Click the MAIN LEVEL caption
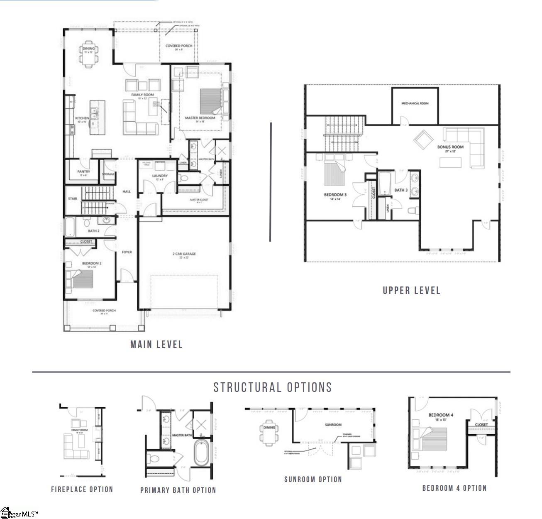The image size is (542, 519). pos(156,344)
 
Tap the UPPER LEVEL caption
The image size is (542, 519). pos(411,291)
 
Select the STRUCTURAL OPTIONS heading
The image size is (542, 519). pos(273,387)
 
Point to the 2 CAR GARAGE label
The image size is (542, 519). pos(184,254)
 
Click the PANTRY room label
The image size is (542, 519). pos(83,171)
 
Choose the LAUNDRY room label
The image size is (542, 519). pos(160,176)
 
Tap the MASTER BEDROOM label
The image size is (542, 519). pos(200,118)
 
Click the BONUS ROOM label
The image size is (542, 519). pos(450,147)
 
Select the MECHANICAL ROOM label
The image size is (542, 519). pos(415,103)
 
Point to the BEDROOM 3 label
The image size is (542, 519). pos(335,195)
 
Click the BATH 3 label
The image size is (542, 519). pos(401,190)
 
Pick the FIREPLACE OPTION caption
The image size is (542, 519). pos(82,490)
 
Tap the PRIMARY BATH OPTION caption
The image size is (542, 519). pos(178,490)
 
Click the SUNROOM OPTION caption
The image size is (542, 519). pos(313,480)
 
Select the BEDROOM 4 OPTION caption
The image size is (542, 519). pos(454,488)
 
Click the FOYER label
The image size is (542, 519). pos(127,252)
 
